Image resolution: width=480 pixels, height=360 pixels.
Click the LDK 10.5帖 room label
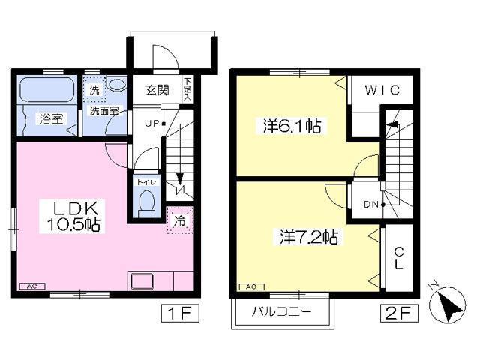(72, 215)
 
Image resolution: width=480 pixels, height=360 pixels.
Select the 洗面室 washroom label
(103, 110)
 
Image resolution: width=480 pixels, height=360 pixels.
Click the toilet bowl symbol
(147, 201)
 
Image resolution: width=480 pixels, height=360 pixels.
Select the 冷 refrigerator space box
(180, 221)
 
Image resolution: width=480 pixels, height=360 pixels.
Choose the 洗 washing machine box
(94, 90)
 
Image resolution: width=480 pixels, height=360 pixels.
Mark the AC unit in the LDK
(31, 286)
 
